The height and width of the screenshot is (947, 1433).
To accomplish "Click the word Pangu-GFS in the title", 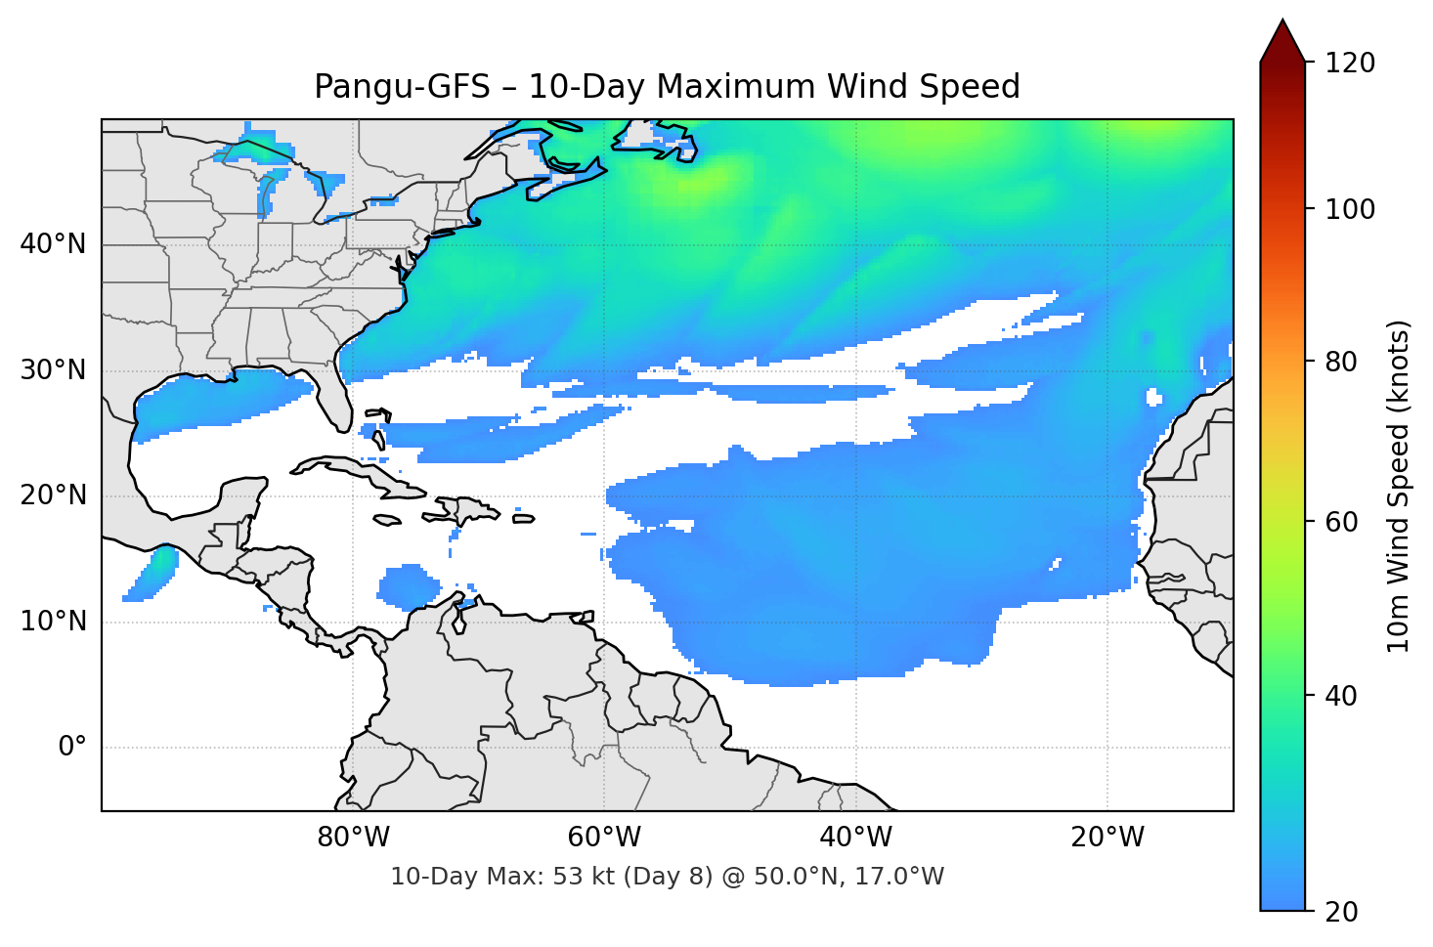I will click(401, 87).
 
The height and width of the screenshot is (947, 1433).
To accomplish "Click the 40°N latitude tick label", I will click(53, 244).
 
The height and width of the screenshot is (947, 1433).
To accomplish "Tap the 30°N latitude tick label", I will click(53, 370).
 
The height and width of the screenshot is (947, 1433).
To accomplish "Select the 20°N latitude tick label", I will click(53, 495).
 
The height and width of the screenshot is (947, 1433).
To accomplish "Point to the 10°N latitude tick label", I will click(53, 622).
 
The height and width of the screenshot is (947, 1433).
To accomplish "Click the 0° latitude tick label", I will click(72, 748).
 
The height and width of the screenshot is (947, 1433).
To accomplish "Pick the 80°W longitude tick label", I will click(353, 838).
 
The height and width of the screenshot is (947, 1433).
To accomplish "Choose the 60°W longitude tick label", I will click(604, 838).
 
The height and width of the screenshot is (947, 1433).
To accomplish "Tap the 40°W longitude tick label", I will click(856, 838).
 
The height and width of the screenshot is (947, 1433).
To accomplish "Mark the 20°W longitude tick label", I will click(1107, 838).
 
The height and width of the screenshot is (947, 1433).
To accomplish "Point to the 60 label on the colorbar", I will click(1340, 522).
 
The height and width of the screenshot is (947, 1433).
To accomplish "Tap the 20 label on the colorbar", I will click(1340, 912).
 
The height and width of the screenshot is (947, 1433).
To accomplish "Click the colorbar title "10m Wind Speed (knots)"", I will click(1399, 486).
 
